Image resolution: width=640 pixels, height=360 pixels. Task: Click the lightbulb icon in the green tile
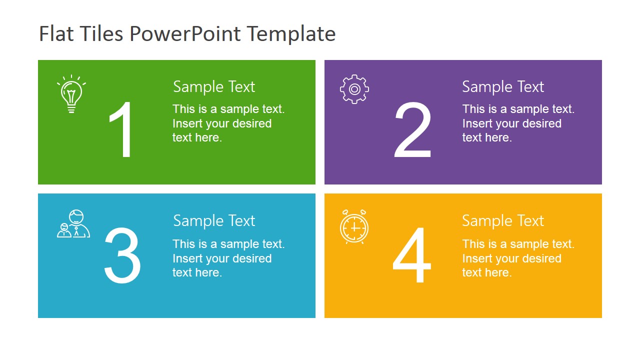tap(71, 94)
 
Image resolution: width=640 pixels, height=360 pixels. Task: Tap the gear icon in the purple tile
tap(354, 89)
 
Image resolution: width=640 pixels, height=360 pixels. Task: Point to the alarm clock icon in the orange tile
tap(354, 226)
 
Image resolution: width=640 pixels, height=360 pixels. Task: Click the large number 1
tap(120, 129)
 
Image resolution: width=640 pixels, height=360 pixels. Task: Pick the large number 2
tap(412, 129)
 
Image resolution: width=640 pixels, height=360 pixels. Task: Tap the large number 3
tap(122, 255)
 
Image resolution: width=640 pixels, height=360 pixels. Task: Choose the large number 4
tap(412, 255)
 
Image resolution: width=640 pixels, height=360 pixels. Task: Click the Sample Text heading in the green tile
tap(214, 86)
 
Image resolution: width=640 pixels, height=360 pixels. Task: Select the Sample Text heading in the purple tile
tap(503, 86)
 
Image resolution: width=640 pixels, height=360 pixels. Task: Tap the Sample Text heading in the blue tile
tap(214, 220)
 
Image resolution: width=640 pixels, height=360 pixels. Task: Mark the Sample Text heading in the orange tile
tap(503, 220)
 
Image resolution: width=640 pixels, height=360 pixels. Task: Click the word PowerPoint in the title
tap(185, 33)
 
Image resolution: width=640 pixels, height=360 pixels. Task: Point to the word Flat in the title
tap(56, 33)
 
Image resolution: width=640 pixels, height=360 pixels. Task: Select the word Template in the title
tap(291, 33)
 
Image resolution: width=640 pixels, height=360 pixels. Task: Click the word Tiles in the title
tap(101, 33)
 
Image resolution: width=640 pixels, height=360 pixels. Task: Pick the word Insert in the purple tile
tap(475, 123)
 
